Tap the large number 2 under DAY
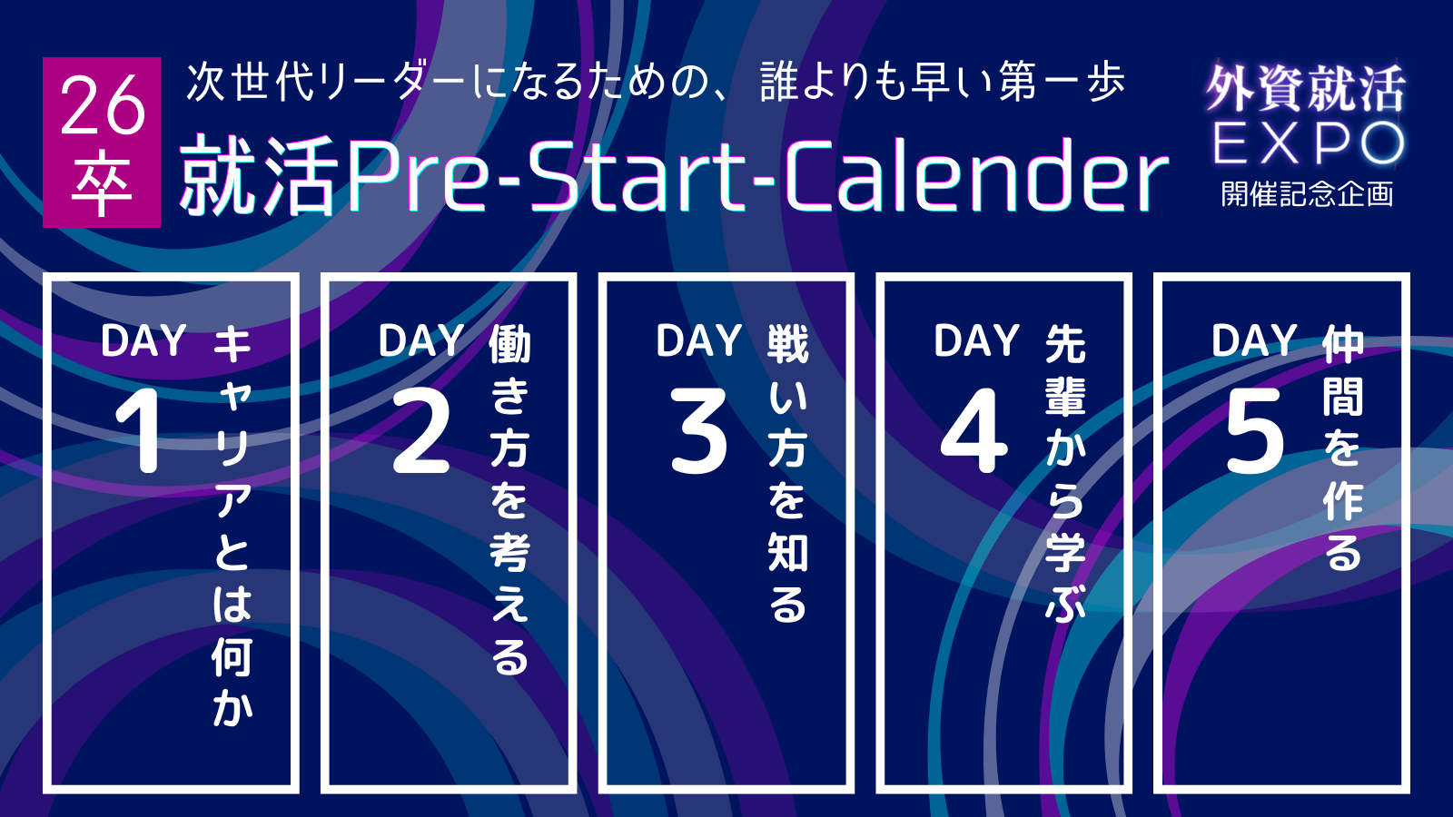(421, 430)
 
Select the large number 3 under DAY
(698, 430)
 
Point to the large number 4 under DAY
(974, 430)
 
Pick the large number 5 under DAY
(1254, 431)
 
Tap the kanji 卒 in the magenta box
(102, 184)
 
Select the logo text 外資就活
(1307, 89)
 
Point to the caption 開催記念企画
(1308, 193)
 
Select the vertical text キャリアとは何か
(232, 526)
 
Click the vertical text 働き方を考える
(509, 499)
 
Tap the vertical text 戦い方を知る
(788, 473)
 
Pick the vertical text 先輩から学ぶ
(1066, 473)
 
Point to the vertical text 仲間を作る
(1343, 448)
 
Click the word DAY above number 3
(698, 340)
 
